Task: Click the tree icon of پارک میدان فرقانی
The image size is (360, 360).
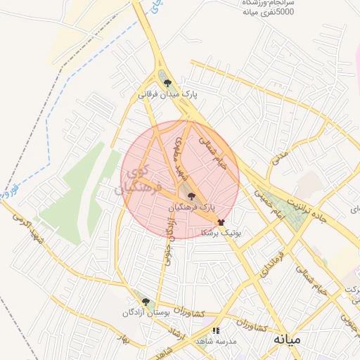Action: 167,83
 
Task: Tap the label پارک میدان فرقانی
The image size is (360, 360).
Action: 167,94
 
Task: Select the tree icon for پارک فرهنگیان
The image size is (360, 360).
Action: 192,198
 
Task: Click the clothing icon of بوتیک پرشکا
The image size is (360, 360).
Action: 221,221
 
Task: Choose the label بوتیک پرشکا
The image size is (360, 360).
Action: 221,232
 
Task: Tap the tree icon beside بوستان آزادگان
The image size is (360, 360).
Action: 146,302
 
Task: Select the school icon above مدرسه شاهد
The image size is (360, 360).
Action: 217,330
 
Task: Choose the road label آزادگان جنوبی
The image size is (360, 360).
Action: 170,239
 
